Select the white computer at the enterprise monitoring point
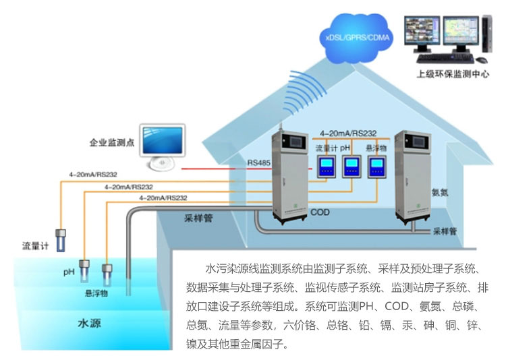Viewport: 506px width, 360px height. [162, 145]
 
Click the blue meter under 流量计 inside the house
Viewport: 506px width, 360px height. [327, 166]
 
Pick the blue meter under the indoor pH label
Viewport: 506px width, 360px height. [352, 166]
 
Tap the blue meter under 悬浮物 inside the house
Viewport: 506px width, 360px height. [376, 166]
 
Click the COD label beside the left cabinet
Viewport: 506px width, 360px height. [320, 213]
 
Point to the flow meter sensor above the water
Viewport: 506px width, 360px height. [61, 238]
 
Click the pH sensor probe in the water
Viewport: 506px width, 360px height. [86, 270]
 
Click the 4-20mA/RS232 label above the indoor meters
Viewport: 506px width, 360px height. [348, 133]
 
